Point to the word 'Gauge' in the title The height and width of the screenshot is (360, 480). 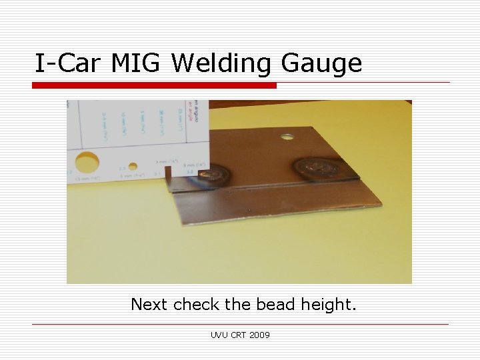point(322,64)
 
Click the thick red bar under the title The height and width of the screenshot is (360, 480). point(155,86)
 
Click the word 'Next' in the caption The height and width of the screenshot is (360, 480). point(150,305)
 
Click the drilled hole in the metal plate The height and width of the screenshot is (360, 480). point(287,138)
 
